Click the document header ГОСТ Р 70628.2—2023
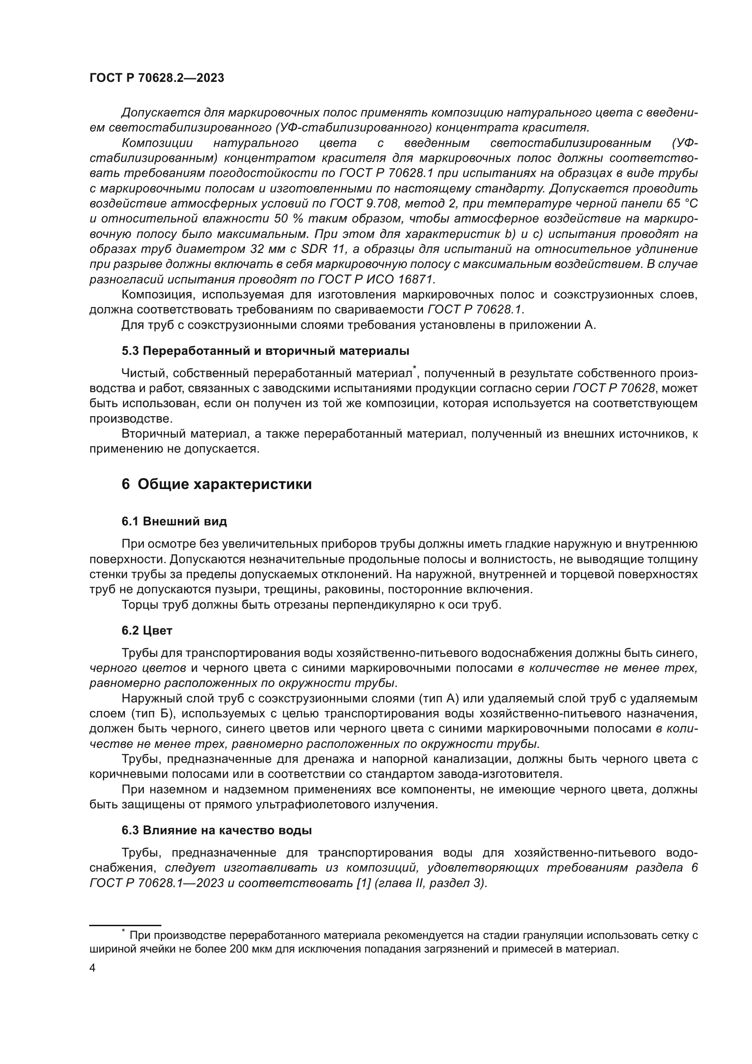coord(156,78)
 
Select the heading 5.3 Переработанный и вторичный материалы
coord(266,350)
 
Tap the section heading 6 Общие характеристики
coord(217,484)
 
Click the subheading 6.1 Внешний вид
coord(174,521)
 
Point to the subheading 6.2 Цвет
coord(147,630)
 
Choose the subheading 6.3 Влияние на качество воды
coord(217,830)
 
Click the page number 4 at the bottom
coord(92,968)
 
